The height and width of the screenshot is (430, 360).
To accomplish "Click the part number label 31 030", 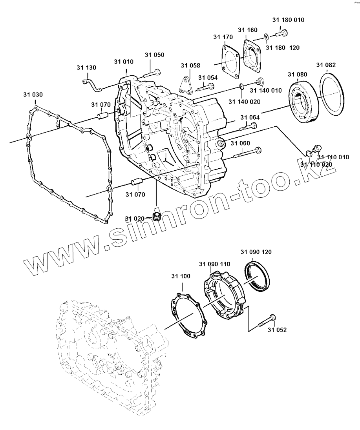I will [x=33, y=95].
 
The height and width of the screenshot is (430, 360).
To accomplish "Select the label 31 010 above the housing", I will [x=124, y=62].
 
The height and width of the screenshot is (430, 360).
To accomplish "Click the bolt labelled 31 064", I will [x=247, y=127].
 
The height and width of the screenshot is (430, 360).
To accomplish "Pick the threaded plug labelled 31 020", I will [x=157, y=216].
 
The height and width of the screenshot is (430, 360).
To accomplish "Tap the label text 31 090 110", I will [x=214, y=264].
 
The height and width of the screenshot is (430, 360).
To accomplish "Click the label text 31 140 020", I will [x=244, y=102].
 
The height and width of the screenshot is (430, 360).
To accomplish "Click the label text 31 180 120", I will [x=282, y=48].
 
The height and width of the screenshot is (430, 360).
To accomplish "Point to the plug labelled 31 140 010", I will [x=259, y=82].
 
